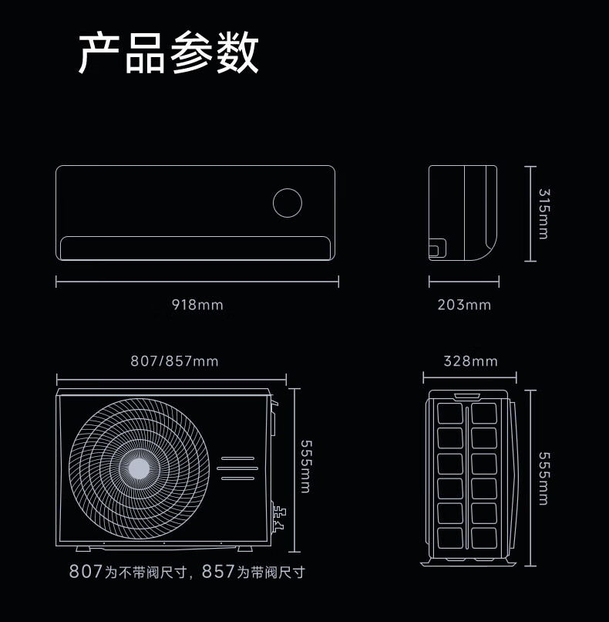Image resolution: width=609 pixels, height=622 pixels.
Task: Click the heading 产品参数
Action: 169,52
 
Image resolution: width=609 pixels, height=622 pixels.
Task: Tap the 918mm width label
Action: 197,305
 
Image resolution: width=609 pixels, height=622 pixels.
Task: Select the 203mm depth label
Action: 464,305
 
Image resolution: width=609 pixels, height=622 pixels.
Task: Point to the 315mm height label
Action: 543,214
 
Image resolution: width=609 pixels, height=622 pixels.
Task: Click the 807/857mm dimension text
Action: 174,361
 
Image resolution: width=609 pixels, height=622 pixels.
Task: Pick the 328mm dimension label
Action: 470,361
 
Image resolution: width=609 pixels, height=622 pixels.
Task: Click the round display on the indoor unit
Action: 288,202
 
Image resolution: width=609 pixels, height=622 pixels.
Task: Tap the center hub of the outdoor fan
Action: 140,468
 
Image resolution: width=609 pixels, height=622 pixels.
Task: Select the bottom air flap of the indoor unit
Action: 196,248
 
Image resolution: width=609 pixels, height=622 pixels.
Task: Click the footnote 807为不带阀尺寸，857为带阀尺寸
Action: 187,572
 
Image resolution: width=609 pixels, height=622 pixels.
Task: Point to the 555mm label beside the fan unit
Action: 305,467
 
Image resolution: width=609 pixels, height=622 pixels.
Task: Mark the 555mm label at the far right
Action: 543,478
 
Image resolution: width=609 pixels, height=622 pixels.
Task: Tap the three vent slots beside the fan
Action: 236,468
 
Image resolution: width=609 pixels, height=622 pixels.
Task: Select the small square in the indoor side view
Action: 436,248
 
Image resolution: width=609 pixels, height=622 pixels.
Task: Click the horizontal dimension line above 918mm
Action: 197,282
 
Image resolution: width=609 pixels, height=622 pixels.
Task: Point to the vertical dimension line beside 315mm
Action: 530,214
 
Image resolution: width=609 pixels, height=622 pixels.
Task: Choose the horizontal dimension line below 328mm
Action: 470,378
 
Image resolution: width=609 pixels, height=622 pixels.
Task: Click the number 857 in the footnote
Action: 218,572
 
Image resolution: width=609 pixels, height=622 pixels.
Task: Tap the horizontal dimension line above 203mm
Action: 464,282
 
